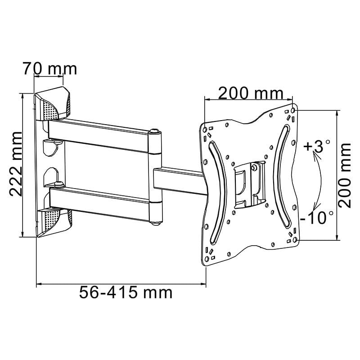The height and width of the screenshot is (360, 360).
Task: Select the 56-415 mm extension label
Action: coord(126,292)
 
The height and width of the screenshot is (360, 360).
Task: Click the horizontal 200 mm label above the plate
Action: coord(251,93)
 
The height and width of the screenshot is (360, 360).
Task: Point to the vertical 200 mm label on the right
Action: coord(345,175)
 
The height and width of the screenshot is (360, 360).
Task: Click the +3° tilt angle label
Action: coord(317,147)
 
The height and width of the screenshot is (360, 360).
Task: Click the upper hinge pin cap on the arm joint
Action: coord(155,132)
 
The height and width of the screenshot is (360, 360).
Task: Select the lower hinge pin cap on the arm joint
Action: coord(155,221)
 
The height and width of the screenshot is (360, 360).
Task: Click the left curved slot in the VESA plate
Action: coord(215,189)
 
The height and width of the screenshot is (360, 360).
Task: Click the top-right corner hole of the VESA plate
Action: coord(294,109)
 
